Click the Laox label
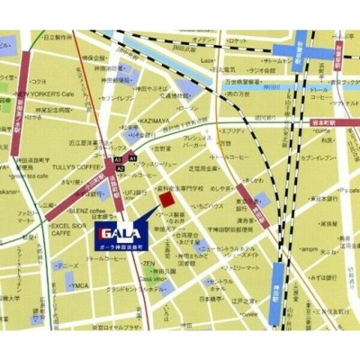point(207,60)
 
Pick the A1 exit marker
point(133,157)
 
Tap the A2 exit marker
point(119,168)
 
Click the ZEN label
point(149,264)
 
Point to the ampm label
point(309,248)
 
